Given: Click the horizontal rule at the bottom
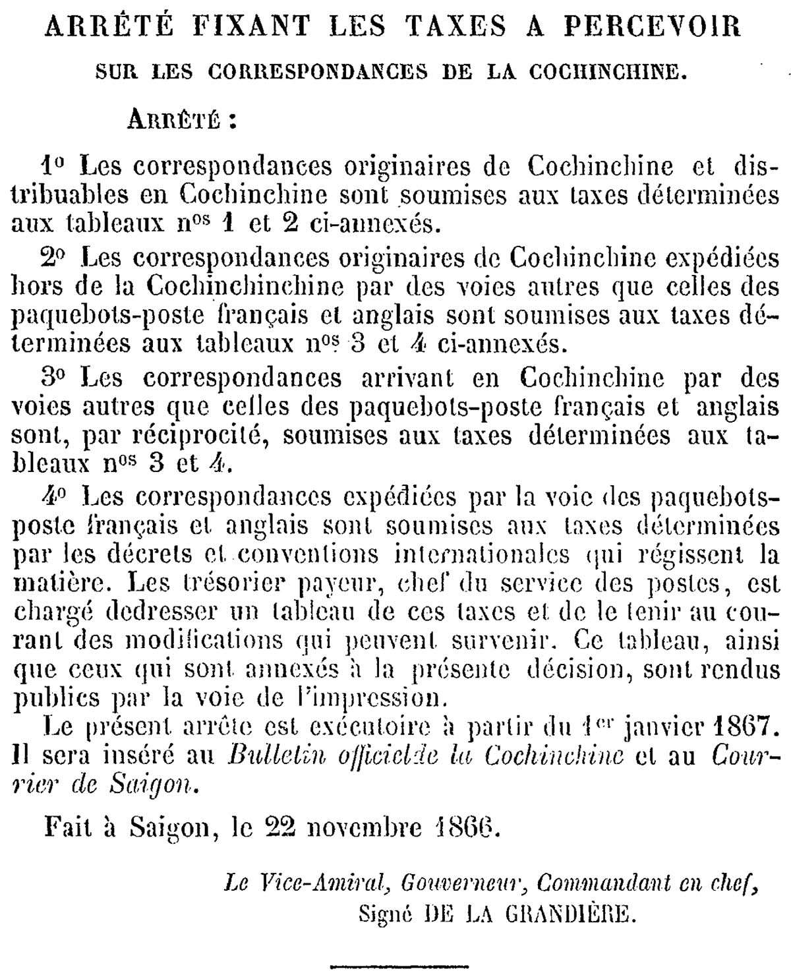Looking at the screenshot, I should click(x=399, y=966).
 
